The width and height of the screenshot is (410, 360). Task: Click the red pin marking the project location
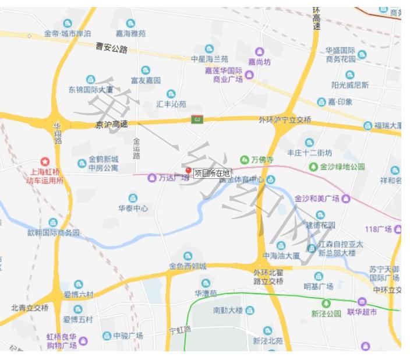click(x=188, y=171)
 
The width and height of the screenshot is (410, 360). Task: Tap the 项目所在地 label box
click(x=212, y=173)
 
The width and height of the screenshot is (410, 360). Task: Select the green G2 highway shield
click(x=197, y=120)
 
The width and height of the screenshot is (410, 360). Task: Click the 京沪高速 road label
click(x=111, y=125)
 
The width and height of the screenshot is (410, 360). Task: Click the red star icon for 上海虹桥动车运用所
click(x=45, y=161)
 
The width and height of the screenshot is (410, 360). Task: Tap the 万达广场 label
click(x=174, y=178)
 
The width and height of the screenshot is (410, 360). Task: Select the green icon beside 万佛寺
click(x=245, y=160)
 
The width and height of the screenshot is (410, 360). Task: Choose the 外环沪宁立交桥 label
click(x=285, y=120)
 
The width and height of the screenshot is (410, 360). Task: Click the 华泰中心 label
click(x=133, y=208)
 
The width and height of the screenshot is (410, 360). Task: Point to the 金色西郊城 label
click(x=188, y=266)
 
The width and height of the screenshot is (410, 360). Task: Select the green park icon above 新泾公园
click(x=326, y=303)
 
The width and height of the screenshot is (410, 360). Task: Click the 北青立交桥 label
click(x=30, y=308)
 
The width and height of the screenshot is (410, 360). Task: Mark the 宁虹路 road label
click(x=179, y=330)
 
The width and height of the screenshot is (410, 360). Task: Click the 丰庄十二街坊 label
click(x=309, y=153)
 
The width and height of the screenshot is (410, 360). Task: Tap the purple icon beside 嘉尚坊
click(x=260, y=52)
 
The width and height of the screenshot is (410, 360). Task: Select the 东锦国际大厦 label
click(x=90, y=90)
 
